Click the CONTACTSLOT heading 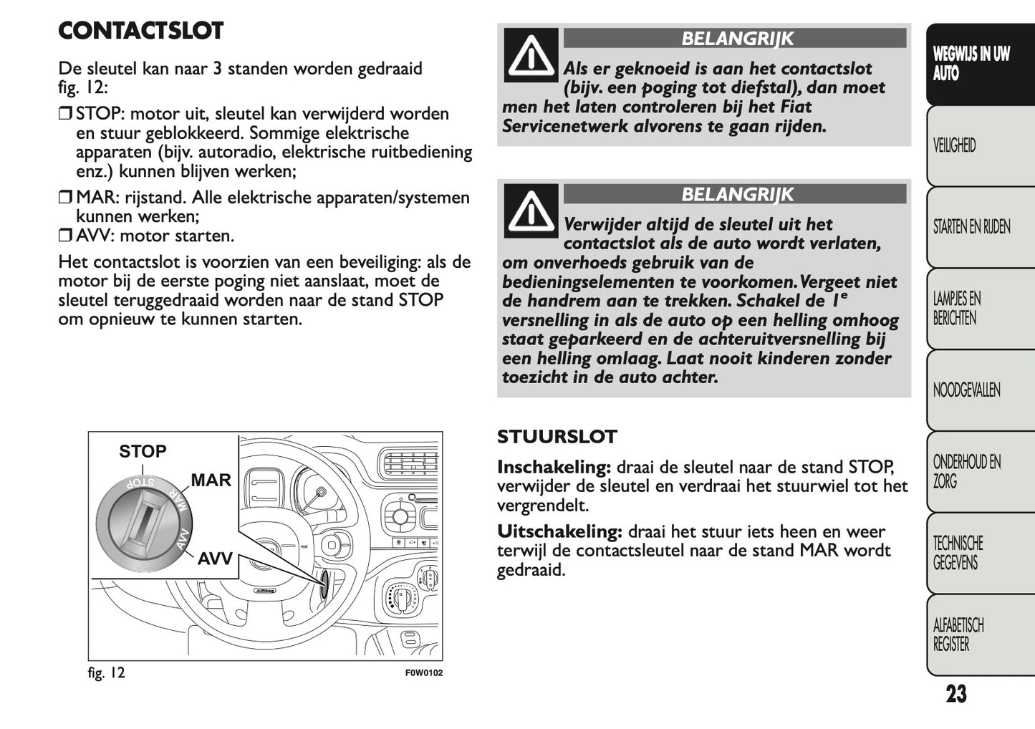tap(140, 31)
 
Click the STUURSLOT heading tap(557, 437)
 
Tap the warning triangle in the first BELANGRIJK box tap(530, 56)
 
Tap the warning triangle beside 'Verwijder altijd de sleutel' tap(530, 211)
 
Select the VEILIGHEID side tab tap(954, 146)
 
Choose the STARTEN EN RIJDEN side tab tap(971, 227)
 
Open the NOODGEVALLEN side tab tap(966, 390)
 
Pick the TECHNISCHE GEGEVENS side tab tap(958, 553)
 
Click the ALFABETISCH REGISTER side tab tap(958, 634)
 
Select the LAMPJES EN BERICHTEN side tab tap(957, 309)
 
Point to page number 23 tap(955, 694)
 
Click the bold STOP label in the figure tap(143, 451)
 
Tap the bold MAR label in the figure tap(211, 481)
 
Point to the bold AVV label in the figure tap(215, 559)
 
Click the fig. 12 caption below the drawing tap(106, 672)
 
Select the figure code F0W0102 tap(423, 673)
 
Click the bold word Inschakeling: tap(554, 467)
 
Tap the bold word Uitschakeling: tap(559, 531)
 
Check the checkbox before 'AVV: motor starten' tap(65, 236)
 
